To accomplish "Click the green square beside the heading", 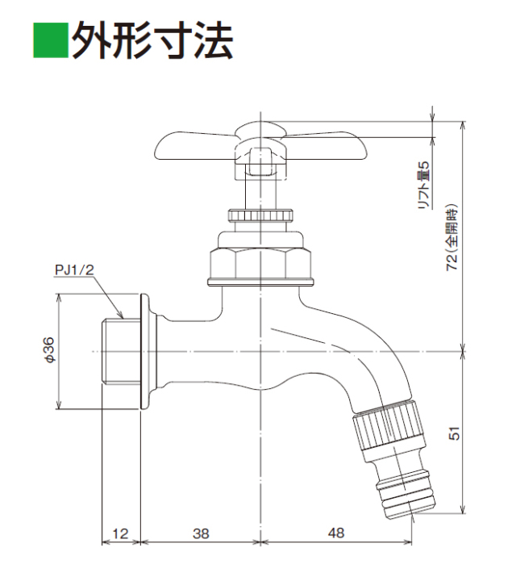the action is point(51,40).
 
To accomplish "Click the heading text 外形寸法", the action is point(152,40).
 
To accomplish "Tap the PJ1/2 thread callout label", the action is point(75,270).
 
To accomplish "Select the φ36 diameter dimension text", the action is point(50,350).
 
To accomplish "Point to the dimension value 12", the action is point(120,533).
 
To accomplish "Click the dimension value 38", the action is point(201,533).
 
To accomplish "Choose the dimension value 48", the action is point(336,533).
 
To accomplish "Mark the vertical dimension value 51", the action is point(454,433).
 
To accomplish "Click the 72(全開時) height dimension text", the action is point(451,238).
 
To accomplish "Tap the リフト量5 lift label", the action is point(424,185).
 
